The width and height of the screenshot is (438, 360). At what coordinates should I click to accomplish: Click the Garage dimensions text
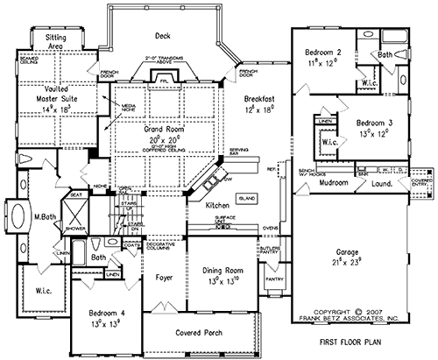click(350, 261)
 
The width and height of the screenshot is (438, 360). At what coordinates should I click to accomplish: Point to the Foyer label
click(163, 282)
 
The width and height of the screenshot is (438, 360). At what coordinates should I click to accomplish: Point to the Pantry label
click(273, 279)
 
